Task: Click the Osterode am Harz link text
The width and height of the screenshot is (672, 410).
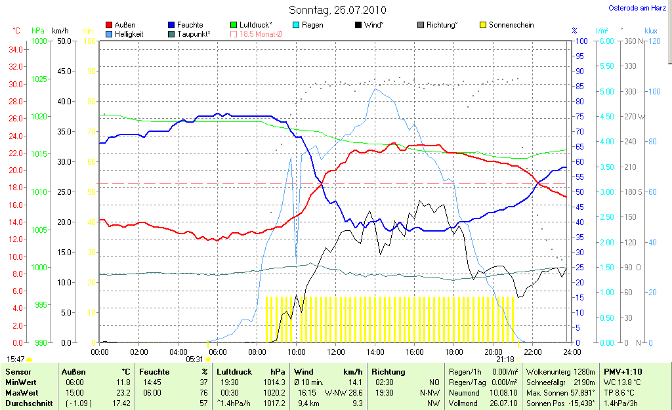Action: point(639,9)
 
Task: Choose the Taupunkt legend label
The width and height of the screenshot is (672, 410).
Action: point(194,33)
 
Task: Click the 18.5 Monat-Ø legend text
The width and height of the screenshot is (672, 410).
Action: point(261,33)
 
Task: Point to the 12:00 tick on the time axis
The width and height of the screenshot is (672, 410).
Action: point(335,352)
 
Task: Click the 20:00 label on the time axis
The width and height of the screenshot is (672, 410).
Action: point(493,352)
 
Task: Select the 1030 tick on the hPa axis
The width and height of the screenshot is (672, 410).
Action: point(39,41)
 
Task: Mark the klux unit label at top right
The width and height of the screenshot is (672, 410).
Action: point(651,30)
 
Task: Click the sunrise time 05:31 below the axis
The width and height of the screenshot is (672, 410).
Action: point(194,359)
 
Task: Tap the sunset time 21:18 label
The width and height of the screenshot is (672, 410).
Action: point(505,359)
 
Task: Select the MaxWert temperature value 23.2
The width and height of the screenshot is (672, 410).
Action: point(123,392)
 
